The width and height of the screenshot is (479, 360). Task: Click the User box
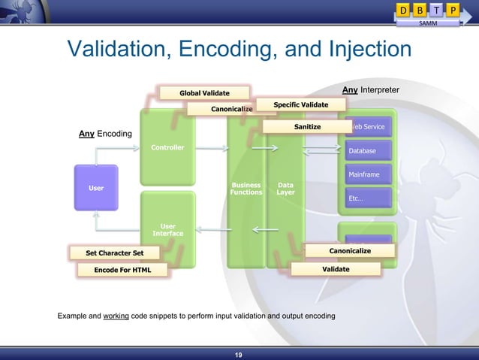(x=96, y=187)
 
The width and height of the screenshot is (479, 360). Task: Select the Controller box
(x=167, y=147)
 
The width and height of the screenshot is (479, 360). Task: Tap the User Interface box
(x=167, y=228)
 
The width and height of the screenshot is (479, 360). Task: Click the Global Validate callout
(x=203, y=93)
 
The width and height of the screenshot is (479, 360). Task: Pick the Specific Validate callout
(x=300, y=104)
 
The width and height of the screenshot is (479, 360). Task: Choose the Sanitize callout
(x=307, y=127)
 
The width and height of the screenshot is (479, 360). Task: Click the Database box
(x=367, y=151)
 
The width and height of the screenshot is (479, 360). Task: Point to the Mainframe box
(x=367, y=175)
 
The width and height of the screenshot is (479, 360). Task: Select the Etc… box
(x=367, y=198)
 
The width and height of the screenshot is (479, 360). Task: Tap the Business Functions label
(x=246, y=188)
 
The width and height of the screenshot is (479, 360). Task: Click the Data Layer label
(x=285, y=188)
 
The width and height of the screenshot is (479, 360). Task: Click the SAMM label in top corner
(x=428, y=24)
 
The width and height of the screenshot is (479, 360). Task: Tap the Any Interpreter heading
(x=370, y=90)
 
